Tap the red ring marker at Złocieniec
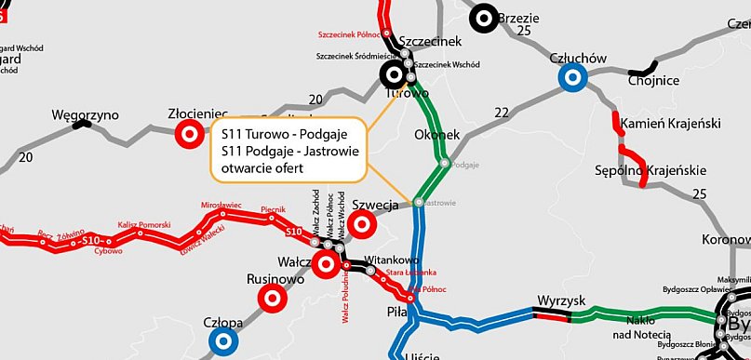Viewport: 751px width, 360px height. coord(189,134)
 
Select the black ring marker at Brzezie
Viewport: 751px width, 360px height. coord(483,18)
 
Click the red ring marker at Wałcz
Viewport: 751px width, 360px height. coord(326,264)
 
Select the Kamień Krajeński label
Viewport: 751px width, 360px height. coord(666,124)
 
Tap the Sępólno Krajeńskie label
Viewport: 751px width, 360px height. coord(650,171)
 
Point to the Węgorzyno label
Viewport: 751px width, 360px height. coord(85,115)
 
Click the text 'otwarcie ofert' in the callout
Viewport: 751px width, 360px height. coord(263,167)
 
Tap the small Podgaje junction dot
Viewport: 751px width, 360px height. coord(445,163)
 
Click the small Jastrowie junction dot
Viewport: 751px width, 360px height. coord(419,202)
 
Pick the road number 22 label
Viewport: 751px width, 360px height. coord(503,113)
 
